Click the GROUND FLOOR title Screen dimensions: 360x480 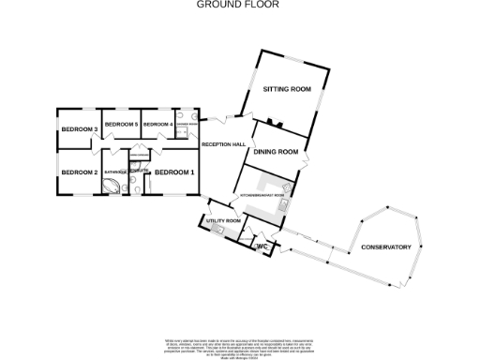(239, 5)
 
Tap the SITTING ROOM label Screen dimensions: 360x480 (286, 89)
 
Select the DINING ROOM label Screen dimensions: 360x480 (277, 151)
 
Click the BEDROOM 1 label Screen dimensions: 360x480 (174, 172)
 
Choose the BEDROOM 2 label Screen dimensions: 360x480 (80, 172)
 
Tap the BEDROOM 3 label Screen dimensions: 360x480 (80, 128)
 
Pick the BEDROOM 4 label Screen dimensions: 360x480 (157, 124)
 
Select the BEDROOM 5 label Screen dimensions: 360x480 (121, 124)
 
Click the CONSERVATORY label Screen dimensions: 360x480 (385, 247)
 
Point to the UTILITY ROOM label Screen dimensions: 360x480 (224, 220)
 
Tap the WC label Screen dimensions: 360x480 (263, 247)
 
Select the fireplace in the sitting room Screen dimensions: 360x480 (274, 122)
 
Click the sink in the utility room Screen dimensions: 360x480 (217, 231)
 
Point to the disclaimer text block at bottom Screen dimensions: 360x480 (239, 344)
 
